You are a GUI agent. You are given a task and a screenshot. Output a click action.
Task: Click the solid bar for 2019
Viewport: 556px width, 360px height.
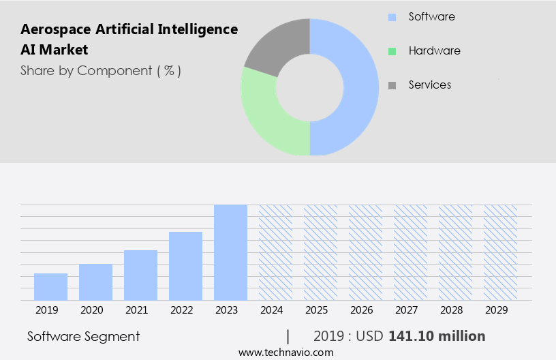click(50, 286)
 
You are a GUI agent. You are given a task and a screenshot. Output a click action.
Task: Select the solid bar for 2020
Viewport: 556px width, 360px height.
click(95, 282)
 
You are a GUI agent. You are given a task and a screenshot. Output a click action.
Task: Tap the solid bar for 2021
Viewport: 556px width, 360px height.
click(140, 275)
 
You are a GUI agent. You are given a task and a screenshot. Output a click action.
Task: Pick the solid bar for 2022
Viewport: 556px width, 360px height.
click(185, 266)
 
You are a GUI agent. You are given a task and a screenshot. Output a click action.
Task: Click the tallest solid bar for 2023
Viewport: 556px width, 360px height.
click(230, 252)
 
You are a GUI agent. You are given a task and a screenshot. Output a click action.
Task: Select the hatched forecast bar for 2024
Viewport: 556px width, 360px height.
click(275, 252)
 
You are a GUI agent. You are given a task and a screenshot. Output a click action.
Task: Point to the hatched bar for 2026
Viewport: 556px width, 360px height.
click(365, 252)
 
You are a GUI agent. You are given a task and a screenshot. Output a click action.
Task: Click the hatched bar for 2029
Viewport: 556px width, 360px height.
click(500, 252)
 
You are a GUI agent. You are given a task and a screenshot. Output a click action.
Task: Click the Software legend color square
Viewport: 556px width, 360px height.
click(392, 17)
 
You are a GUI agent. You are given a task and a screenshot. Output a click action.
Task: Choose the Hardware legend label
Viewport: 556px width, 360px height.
click(434, 51)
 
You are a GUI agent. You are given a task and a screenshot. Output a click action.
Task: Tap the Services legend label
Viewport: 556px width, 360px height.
click(429, 85)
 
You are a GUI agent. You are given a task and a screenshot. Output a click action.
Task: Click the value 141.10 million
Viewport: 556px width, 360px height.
click(436, 336)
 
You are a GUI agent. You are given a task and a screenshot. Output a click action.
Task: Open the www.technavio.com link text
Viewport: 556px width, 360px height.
click(285, 352)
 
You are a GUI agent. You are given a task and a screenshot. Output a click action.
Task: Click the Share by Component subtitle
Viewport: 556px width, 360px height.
click(101, 70)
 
